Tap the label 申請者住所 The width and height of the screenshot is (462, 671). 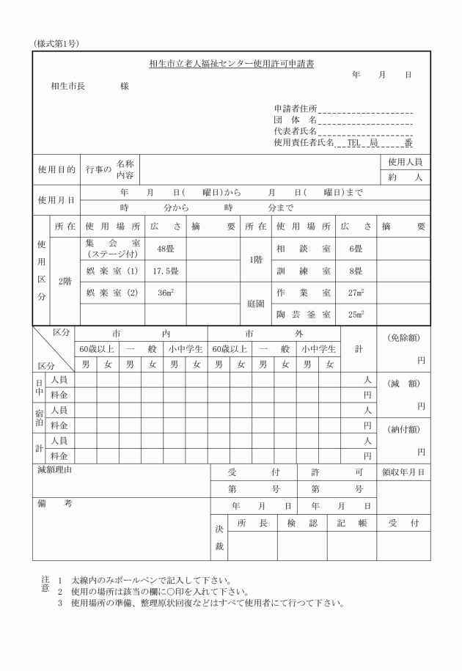click(290, 109)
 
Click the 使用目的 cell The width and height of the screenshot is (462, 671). click(56, 169)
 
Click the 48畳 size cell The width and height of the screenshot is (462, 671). click(162, 249)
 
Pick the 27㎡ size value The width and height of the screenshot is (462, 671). click(356, 292)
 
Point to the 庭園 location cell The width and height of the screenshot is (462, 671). click(255, 303)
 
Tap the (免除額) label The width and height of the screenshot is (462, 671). click(403, 337)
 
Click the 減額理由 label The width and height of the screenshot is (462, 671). click(56, 469)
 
